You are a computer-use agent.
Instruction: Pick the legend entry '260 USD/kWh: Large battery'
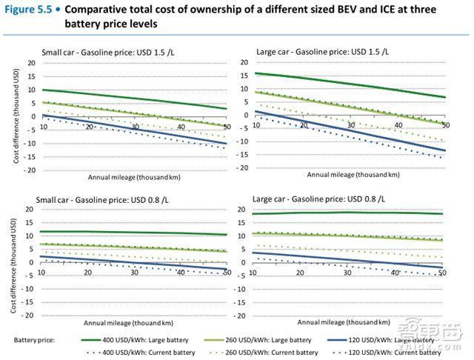pyautogui.click(x=279, y=339)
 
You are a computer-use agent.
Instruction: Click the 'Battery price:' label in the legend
pyautogui.click(x=35, y=339)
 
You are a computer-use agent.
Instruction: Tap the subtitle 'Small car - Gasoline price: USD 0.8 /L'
pyautogui.click(x=103, y=199)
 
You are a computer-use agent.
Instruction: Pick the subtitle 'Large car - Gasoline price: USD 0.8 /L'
pyautogui.click(x=325, y=199)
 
